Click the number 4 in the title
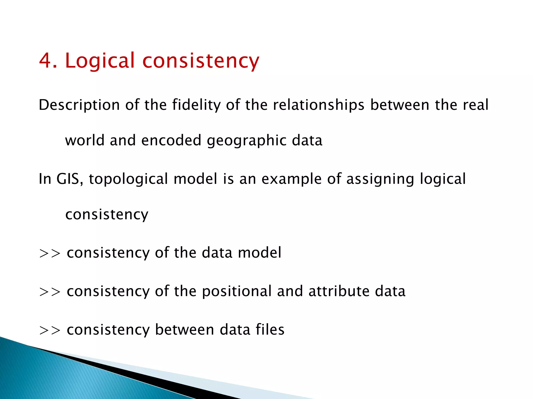coord(46,60)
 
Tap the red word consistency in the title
coord(201,61)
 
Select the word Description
coord(79,105)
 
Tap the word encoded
coord(171,140)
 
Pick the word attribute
coord(339,291)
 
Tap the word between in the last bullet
coord(184,329)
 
